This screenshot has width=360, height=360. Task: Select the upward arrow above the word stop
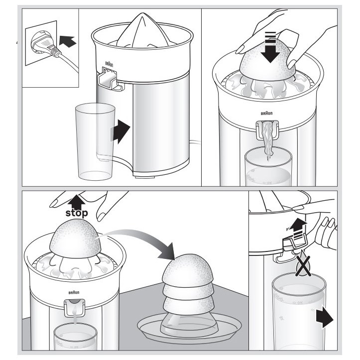click(75, 201)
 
